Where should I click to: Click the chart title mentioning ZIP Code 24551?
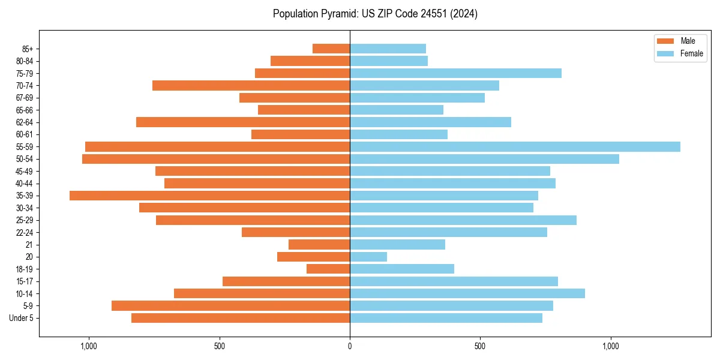(375, 14)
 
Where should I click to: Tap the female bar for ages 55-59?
(515, 147)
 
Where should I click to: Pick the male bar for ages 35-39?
(209, 196)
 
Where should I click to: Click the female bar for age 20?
(368, 257)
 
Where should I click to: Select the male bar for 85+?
(331, 49)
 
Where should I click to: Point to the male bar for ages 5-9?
(230, 305)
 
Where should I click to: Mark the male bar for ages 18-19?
(328, 269)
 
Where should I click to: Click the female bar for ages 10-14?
(467, 293)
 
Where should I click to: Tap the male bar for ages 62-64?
(243, 122)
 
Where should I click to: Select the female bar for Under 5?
(446, 318)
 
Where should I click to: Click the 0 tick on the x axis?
(350, 346)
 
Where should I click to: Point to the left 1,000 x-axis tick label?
(88, 346)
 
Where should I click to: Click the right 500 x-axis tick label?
(480, 346)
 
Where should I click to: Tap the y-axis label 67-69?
(25, 98)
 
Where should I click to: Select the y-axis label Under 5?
(22, 318)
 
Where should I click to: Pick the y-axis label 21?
(29, 245)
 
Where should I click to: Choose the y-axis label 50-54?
(25, 159)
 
